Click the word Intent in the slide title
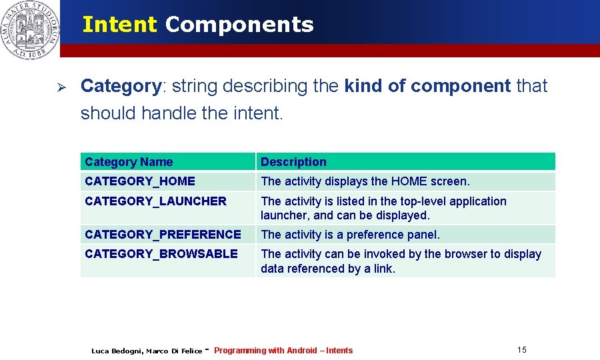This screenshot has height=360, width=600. point(119,25)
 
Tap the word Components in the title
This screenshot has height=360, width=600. point(239,25)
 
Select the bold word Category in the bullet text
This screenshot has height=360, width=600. point(121,86)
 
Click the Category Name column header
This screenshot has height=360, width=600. point(129,162)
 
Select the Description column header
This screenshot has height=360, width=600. point(293,162)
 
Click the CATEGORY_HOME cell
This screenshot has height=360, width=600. point(140,181)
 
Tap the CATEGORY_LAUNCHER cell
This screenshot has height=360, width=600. point(155,201)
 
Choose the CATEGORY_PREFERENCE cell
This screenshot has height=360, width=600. point(163,235)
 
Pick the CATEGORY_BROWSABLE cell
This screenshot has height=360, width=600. point(161,254)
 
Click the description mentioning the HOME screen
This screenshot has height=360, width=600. point(365,181)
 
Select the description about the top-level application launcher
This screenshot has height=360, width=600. point(383,208)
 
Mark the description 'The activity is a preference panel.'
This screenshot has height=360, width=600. point(350,235)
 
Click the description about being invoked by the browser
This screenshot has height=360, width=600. point(401,261)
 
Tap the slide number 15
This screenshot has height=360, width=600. point(521,350)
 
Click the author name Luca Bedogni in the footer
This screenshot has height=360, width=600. point(116,351)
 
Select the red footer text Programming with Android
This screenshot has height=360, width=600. point(265,351)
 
